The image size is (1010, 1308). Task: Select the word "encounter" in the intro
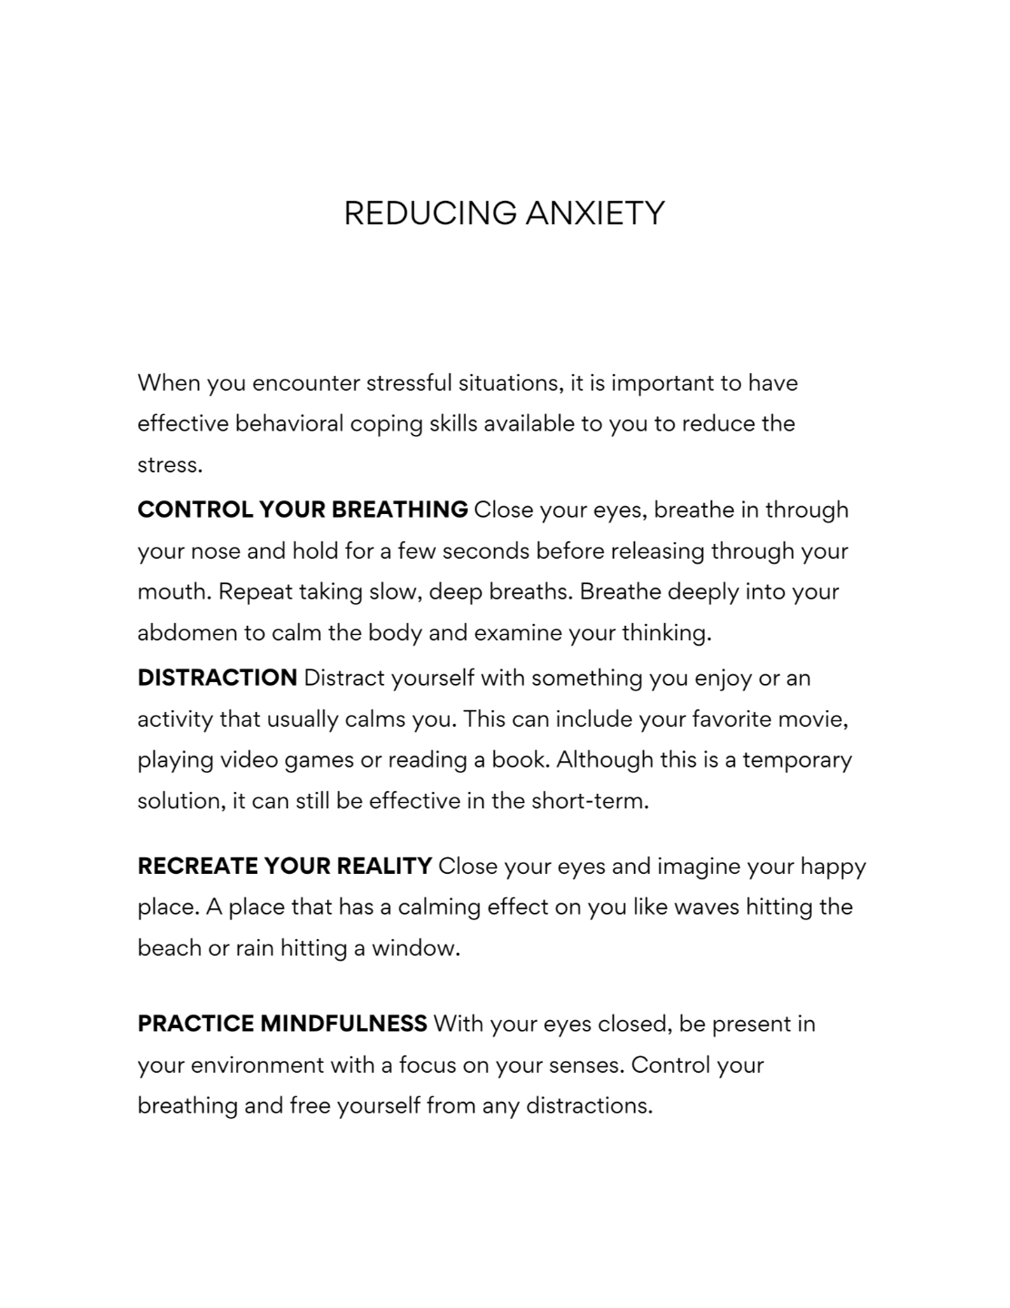pos(306,383)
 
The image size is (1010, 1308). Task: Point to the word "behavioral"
pos(291,424)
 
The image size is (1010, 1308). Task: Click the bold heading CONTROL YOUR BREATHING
pos(302,510)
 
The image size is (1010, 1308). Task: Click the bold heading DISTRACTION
pos(217,678)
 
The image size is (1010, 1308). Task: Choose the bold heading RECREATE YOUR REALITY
pos(284,866)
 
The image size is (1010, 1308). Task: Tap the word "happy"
pos(833,867)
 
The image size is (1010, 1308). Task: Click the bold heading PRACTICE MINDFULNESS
pos(282,1024)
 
